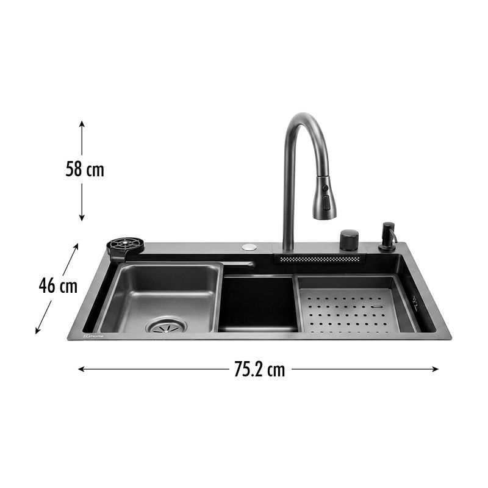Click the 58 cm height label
[85, 170]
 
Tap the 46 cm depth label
[58, 285]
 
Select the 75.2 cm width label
[260, 370]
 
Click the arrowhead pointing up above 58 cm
[82, 124]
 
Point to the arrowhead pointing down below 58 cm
[82, 218]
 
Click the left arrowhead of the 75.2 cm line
[82, 369]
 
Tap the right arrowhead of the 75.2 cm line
[435, 369]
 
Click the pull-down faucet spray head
[325, 197]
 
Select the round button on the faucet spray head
[325, 188]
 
